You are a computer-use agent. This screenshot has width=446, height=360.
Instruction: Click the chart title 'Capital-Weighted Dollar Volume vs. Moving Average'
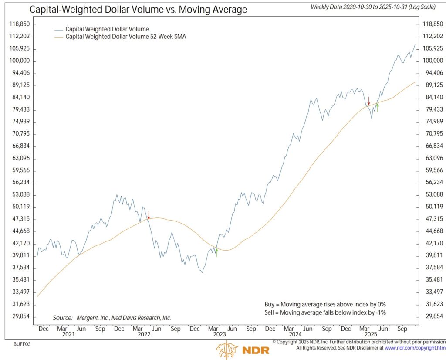click(x=138, y=9)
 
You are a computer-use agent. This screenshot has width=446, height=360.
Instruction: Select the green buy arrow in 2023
click(x=216, y=252)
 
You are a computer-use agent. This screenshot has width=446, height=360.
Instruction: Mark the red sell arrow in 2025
click(x=368, y=101)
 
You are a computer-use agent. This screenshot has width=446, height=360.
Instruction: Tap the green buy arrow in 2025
click(x=377, y=108)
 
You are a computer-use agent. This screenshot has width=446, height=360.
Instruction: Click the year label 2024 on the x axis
click(x=295, y=334)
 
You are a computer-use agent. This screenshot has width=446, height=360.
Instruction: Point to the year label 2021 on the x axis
click(x=68, y=334)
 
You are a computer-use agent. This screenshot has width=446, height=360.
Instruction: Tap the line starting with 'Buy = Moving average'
click(x=325, y=304)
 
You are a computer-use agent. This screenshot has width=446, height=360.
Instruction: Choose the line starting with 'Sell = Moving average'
click(x=325, y=312)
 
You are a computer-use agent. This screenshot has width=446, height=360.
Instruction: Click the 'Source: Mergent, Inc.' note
click(x=112, y=318)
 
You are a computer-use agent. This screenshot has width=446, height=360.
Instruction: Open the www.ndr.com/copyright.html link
click(x=415, y=348)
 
